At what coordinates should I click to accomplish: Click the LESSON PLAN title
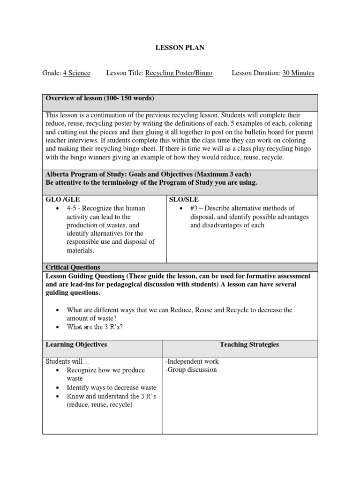point(180,48)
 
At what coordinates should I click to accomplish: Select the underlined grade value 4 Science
point(77,73)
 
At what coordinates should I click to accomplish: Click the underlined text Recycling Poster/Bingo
point(179,73)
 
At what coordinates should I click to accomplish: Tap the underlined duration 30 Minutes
point(298,73)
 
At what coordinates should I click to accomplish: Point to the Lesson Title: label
point(125,73)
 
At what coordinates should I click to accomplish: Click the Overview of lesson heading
point(100,98)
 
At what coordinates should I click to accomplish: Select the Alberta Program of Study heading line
point(149,174)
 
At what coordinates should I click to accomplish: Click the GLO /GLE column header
point(63,199)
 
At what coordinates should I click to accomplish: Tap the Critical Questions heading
point(73,267)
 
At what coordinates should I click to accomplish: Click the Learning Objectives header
point(76,345)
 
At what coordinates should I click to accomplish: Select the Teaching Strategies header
point(249,345)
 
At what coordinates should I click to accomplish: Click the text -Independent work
point(192,361)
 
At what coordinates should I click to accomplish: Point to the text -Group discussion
point(191,370)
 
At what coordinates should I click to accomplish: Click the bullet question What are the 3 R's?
point(95,327)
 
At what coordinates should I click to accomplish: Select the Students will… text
point(67,361)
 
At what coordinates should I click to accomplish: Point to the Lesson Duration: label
point(256,73)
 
